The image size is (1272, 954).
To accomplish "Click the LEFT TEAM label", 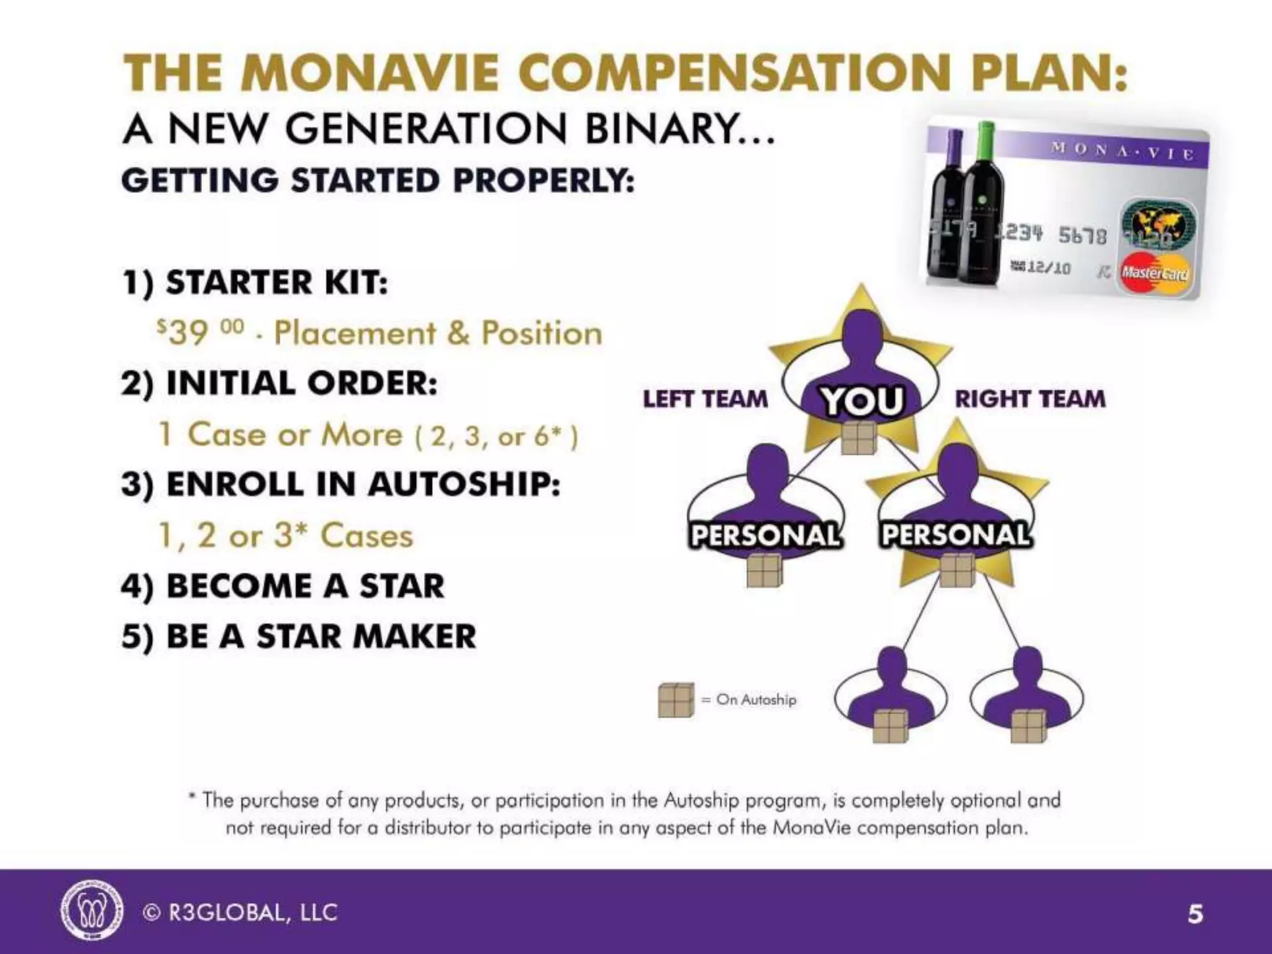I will pos(705,399).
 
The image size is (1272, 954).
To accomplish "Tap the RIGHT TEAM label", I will pos(1030,399).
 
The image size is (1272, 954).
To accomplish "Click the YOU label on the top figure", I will pos(862,401).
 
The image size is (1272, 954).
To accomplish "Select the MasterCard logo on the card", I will pos(1155,273).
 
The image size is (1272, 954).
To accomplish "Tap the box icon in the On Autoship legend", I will pos(676,700).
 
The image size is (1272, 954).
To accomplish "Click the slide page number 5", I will pos(1195,914).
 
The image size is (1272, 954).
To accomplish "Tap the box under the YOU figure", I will pos(859,437).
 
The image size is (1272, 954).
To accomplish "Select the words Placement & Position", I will pos(438,333).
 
